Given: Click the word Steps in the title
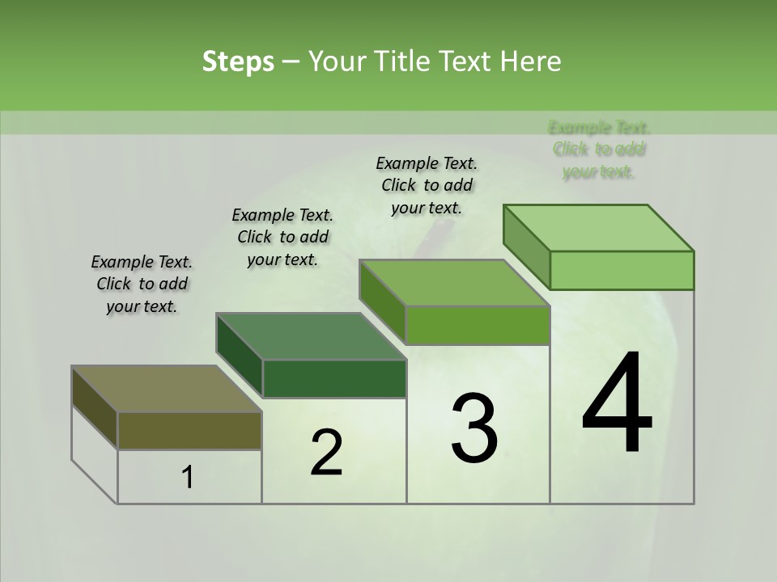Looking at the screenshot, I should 237,61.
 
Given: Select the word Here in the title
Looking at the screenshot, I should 531,61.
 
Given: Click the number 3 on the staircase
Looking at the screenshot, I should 473,428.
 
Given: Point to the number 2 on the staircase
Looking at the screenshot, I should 326,453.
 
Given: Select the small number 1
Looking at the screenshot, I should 188,478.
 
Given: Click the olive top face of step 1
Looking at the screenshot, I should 166,389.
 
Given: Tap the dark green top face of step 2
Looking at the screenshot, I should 311,336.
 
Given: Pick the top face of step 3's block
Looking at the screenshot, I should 454,284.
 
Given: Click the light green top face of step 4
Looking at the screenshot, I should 598,228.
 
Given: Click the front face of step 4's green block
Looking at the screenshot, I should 622,270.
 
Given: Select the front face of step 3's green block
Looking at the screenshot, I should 478,326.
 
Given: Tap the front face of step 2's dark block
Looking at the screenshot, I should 334,378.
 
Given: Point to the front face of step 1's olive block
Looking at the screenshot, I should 189,431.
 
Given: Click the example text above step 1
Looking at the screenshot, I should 142,284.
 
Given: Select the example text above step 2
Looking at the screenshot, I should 282,237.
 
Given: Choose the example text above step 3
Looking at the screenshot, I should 427,185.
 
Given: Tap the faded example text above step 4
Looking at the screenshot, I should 599,150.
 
